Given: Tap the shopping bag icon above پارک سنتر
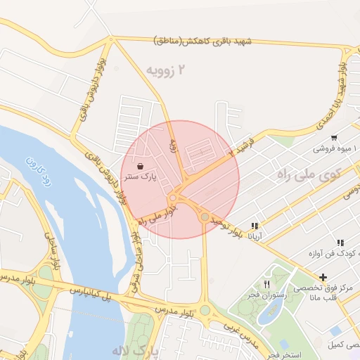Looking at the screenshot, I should point(141,167).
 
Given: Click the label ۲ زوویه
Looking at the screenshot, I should point(168,70).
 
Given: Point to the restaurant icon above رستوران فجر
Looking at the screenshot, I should point(266,284).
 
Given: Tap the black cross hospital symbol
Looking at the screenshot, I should point(323,277).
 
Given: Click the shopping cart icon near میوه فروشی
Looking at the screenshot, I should point(333,138).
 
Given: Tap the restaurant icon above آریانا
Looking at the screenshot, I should point(254,226).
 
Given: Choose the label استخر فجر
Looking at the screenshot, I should point(285,356).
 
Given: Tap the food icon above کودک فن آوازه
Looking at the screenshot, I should point(340,242).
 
